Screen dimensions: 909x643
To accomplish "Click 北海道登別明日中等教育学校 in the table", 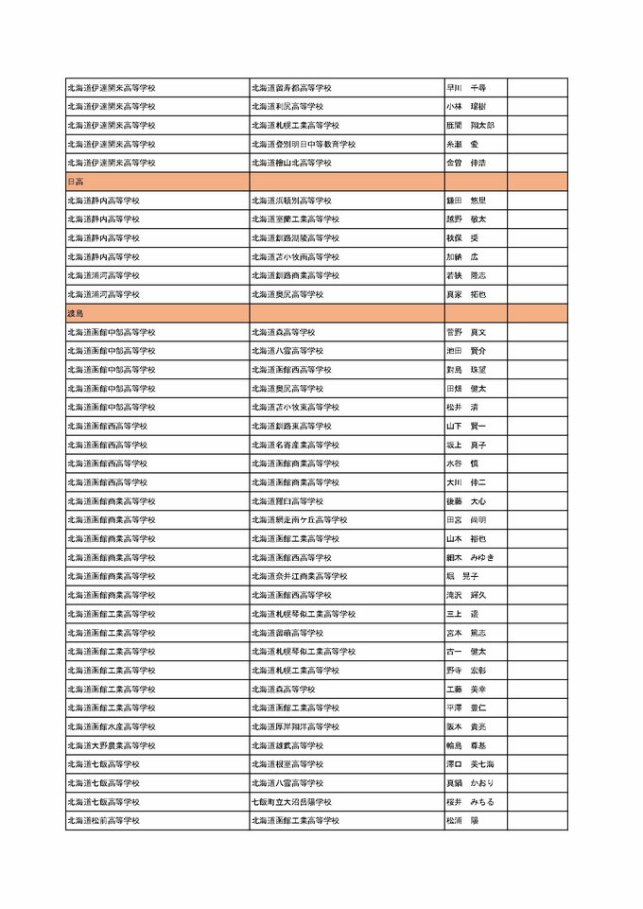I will (303, 144).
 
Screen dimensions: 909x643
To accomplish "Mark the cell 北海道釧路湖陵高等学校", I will (295, 238).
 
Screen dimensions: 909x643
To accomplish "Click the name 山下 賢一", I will (465, 427).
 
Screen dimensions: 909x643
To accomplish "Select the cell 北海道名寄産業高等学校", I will (295, 445).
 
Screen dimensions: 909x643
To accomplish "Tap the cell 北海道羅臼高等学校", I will (287, 501).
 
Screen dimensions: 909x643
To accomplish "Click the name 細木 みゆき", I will (469, 557).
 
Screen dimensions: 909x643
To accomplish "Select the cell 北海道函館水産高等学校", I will (111, 726).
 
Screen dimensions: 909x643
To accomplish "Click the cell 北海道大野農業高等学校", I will (111, 745).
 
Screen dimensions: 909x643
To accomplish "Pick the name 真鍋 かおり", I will (469, 783).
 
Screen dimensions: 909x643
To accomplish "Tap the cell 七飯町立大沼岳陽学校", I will (291, 802).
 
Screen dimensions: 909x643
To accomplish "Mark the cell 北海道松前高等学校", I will (103, 821).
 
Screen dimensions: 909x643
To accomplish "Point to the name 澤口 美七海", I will (469, 764).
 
